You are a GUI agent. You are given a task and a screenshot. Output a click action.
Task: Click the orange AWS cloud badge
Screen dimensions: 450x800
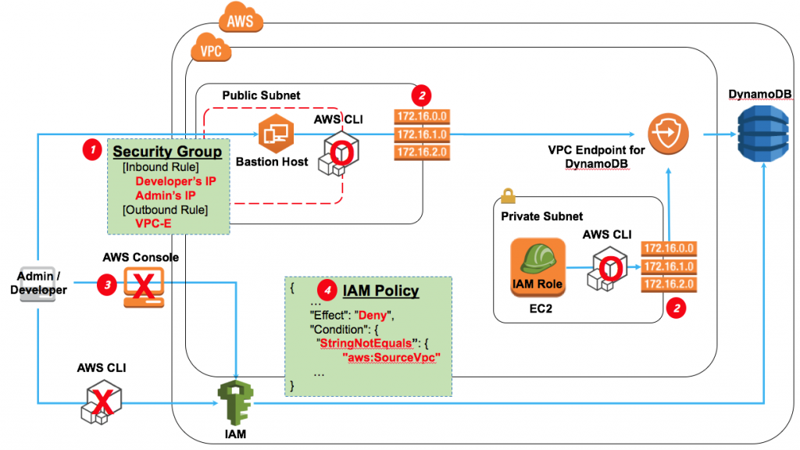tap(239, 19)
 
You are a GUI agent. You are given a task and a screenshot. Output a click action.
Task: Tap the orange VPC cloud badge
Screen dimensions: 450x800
tap(209, 50)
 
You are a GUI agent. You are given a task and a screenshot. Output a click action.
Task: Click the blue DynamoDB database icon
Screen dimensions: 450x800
tap(763, 134)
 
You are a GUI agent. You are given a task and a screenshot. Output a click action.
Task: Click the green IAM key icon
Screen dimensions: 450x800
tap(234, 400)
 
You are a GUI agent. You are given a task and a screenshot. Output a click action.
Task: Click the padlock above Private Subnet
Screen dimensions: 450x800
tap(506, 191)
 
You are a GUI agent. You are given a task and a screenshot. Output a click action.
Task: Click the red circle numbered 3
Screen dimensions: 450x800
tap(105, 286)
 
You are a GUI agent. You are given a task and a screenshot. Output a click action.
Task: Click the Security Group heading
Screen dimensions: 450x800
tap(167, 151)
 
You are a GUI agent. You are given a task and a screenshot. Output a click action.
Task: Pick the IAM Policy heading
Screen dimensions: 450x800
tap(380, 291)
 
